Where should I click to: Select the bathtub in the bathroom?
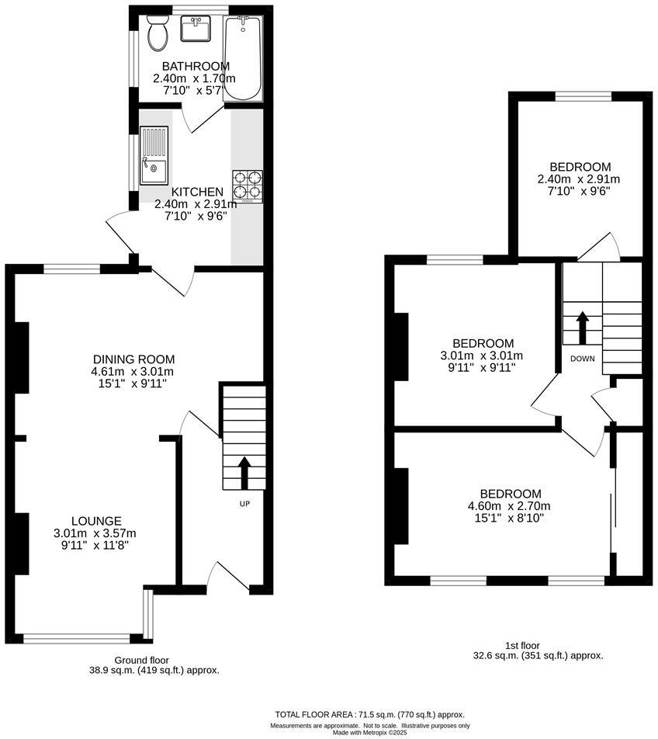(x=243, y=57)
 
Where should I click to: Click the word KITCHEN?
(x=197, y=192)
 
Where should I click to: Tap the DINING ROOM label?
(x=133, y=359)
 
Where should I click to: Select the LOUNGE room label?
(x=96, y=520)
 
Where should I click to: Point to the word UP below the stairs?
(x=244, y=503)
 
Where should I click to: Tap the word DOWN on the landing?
(x=582, y=359)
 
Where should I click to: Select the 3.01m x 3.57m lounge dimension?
(x=95, y=533)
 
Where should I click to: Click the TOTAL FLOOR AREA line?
(x=369, y=714)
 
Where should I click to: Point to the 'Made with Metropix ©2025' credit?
(x=369, y=732)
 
